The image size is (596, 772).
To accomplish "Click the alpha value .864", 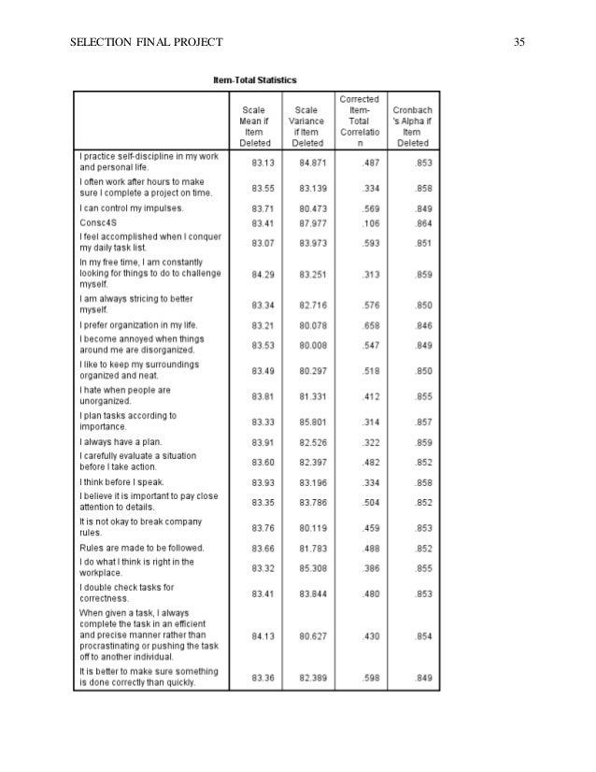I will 422,224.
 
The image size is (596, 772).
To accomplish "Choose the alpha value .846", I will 422,326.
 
